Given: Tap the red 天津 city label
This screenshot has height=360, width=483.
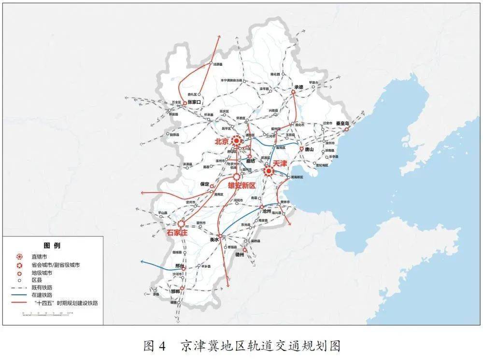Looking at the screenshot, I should [281, 164].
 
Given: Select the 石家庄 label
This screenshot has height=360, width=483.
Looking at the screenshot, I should [177, 233].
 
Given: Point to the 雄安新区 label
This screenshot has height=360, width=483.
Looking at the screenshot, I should [238, 186].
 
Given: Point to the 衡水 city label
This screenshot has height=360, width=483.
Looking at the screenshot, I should [214, 239].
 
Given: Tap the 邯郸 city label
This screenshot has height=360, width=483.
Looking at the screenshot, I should [174, 291].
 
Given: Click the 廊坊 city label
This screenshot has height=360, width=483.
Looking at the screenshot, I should [250, 161].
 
